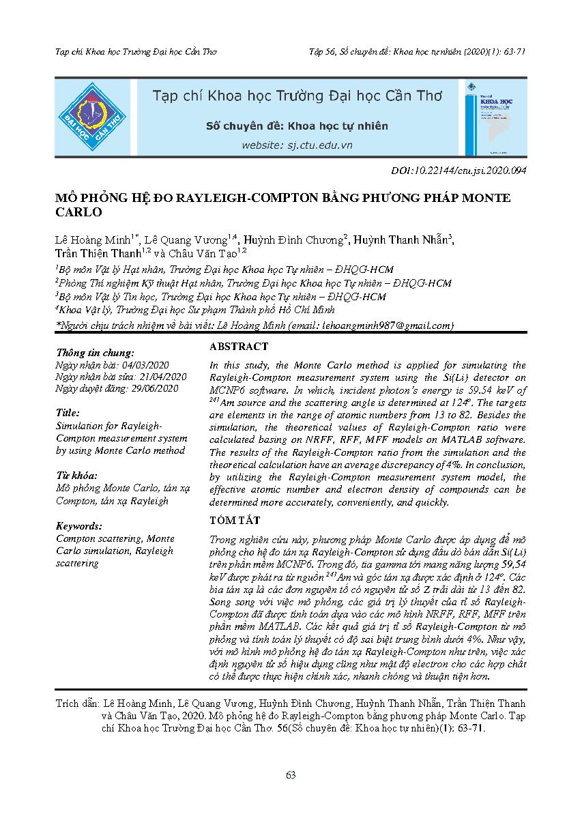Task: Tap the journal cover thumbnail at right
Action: pos(496,117)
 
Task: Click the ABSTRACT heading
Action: pos(239,347)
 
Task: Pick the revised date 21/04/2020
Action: pos(162,377)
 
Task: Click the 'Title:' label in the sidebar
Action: pos(68,413)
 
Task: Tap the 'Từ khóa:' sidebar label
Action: pos(76,476)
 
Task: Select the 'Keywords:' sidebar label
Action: pos(79,526)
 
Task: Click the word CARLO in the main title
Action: pos(78,212)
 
